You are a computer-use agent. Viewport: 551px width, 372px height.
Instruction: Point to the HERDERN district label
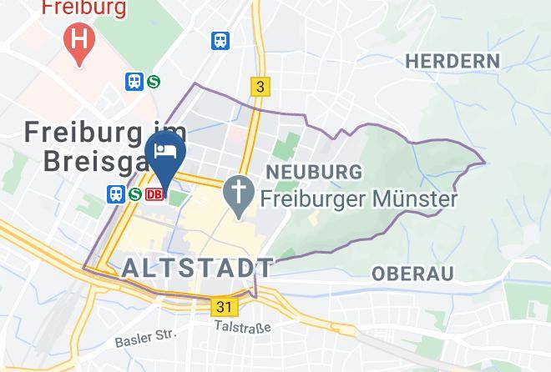452,61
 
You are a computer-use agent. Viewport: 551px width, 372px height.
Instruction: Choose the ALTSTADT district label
197,268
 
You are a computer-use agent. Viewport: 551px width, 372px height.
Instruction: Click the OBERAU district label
412,274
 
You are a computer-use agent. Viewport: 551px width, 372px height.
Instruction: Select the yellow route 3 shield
260,87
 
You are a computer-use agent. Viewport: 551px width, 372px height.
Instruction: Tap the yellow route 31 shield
224,307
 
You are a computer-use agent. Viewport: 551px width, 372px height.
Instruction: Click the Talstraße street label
242,328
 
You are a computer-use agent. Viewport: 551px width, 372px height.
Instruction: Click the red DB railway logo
154,194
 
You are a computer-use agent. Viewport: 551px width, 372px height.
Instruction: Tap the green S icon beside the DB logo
134,194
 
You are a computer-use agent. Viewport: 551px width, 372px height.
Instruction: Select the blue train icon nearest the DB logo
116,194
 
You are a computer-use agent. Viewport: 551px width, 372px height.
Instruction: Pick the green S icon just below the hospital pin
154,81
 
